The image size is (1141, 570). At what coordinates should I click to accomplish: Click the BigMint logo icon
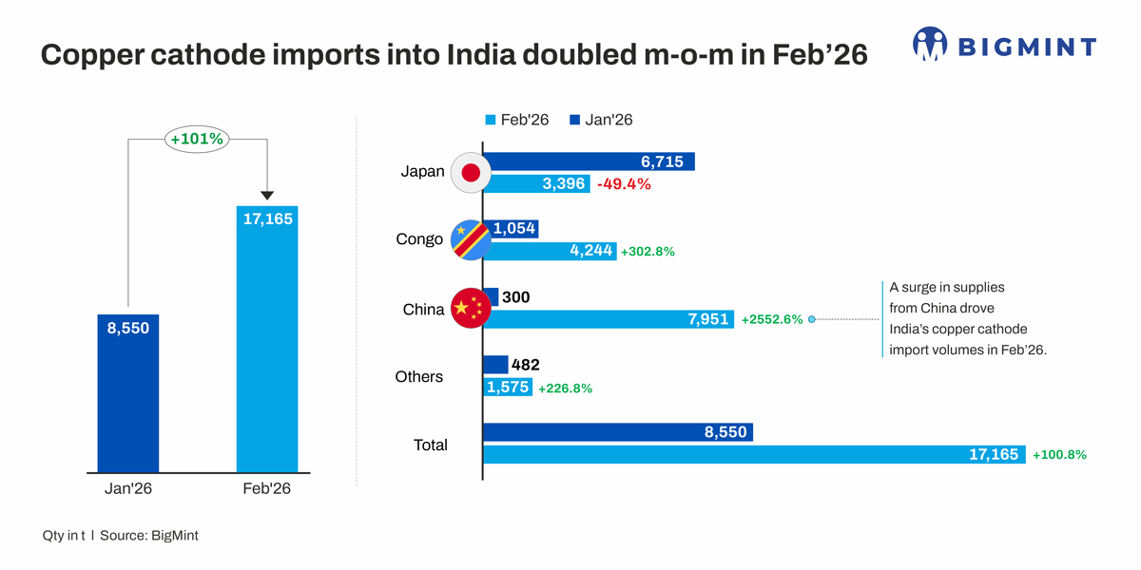click(x=930, y=45)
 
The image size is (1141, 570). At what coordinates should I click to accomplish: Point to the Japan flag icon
click(x=470, y=172)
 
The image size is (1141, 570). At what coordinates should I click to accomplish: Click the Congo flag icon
click(x=470, y=240)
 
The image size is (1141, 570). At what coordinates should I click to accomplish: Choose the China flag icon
click(x=470, y=308)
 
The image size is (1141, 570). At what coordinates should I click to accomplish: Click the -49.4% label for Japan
click(x=624, y=184)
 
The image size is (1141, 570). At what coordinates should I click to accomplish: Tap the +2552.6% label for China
click(x=772, y=320)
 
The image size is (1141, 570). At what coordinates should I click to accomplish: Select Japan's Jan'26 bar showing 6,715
click(x=590, y=162)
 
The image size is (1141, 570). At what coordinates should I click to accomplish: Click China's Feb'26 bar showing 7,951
click(x=609, y=320)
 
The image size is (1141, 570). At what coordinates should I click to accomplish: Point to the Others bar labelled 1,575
click(x=508, y=388)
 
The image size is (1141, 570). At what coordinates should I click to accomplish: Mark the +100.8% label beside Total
click(x=1059, y=455)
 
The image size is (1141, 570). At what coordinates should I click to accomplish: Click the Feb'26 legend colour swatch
click(x=491, y=121)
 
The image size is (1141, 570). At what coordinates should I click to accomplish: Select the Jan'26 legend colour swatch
click(x=574, y=121)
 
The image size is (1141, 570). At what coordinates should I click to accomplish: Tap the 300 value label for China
click(x=516, y=297)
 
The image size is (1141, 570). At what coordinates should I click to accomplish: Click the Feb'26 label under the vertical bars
click(x=266, y=489)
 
